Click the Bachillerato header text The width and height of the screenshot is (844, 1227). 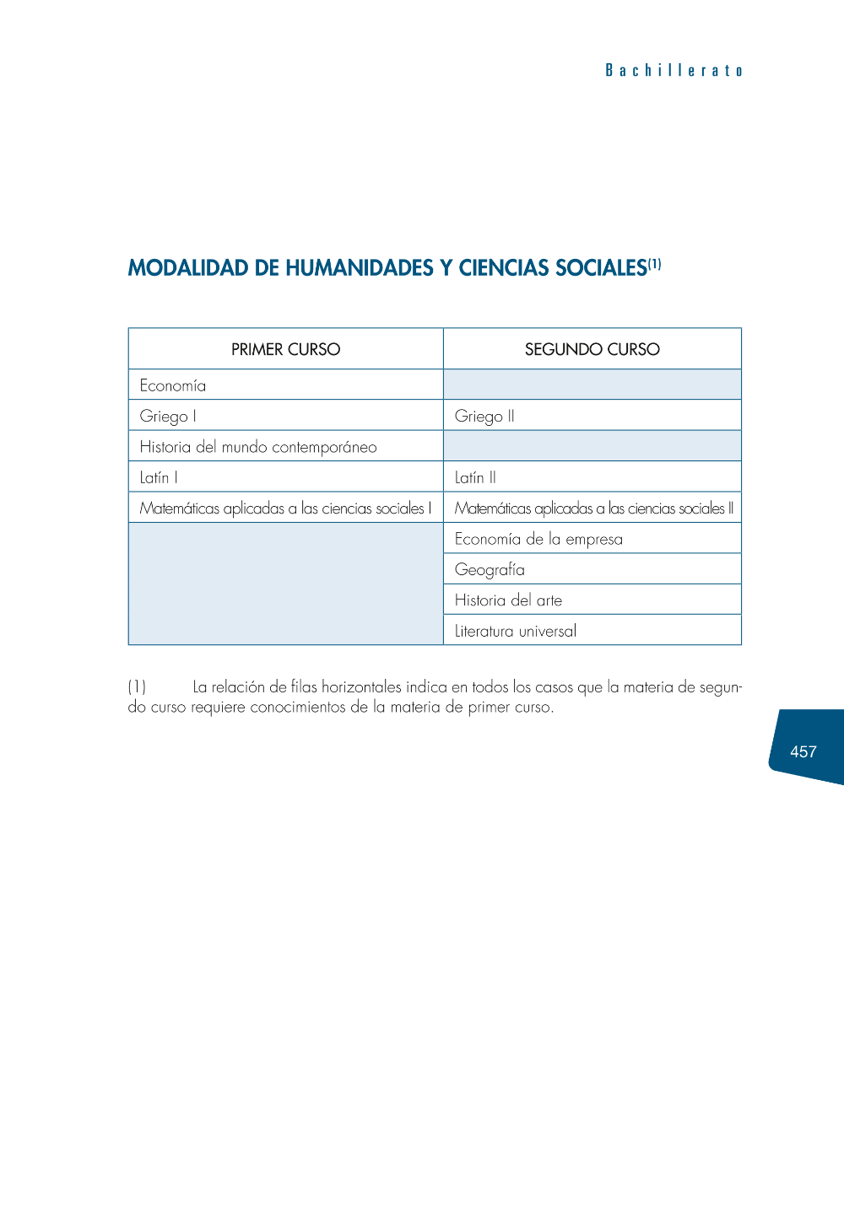[x=674, y=71]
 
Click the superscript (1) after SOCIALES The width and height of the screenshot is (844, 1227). [x=655, y=265]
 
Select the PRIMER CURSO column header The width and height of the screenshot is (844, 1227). [x=285, y=349]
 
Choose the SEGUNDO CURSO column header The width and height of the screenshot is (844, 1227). [x=592, y=349]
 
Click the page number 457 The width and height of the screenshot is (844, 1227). [x=803, y=751]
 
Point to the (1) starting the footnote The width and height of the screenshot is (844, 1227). [x=137, y=687]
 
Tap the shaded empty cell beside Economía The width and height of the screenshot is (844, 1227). [x=592, y=385]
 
